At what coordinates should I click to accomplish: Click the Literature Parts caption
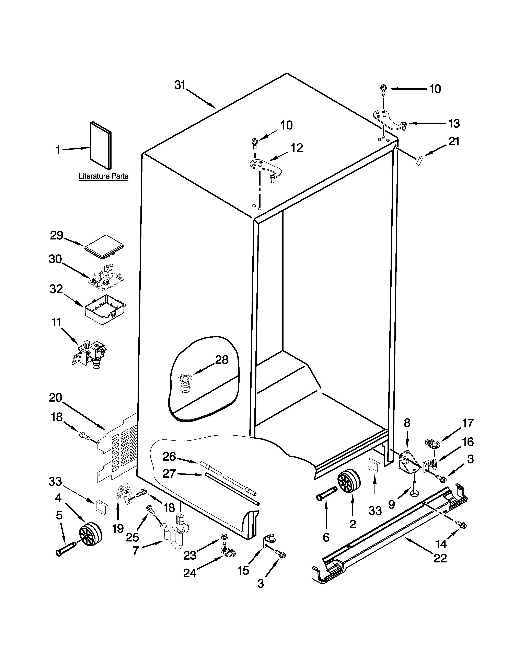tap(103, 176)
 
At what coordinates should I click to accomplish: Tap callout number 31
tap(180, 85)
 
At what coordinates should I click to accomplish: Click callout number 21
tap(453, 142)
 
